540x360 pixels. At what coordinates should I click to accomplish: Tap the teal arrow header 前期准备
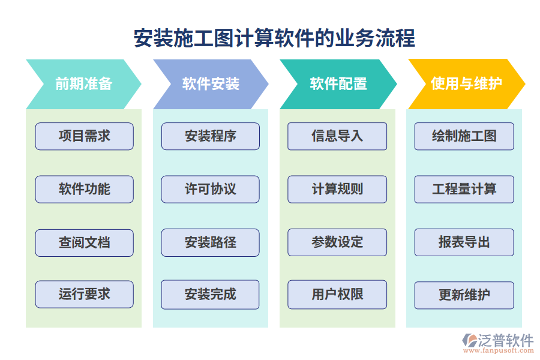click(x=84, y=84)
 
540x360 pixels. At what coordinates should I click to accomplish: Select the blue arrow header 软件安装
click(x=211, y=84)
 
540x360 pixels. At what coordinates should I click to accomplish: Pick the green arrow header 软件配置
click(x=338, y=84)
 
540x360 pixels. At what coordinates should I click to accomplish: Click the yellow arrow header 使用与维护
click(x=466, y=84)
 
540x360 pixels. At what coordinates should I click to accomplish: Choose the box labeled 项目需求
click(x=84, y=136)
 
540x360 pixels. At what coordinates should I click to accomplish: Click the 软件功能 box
click(x=84, y=189)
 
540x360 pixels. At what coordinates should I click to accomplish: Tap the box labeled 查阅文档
click(x=84, y=242)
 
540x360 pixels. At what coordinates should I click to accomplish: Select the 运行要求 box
click(x=84, y=295)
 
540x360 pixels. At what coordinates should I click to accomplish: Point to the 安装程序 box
click(x=211, y=136)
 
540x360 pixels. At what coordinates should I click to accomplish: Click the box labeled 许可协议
click(x=211, y=189)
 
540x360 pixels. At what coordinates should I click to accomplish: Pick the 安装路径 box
click(x=211, y=242)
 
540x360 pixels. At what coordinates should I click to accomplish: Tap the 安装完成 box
click(x=211, y=295)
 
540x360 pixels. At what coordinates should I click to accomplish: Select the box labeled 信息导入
click(x=337, y=136)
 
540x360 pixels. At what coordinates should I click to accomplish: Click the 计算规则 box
click(x=337, y=189)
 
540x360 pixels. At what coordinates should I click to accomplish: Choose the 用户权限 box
click(x=337, y=295)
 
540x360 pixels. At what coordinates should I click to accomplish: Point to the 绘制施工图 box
click(x=464, y=136)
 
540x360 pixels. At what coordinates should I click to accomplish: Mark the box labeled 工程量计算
click(x=464, y=189)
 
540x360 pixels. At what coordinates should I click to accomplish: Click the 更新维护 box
click(x=464, y=295)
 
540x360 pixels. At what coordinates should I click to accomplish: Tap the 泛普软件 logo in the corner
click(x=497, y=343)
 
